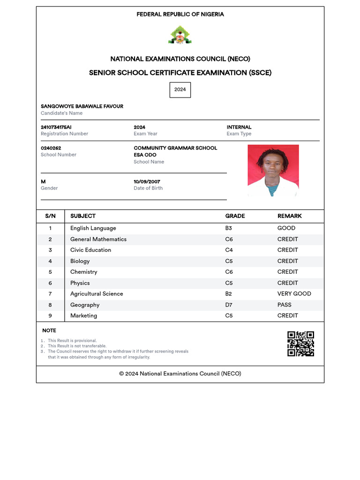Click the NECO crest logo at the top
(x=180, y=35)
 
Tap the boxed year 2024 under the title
(x=180, y=90)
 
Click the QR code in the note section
(x=300, y=344)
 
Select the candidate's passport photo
(x=273, y=170)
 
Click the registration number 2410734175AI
(x=56, y=127)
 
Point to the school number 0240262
(x=51, y=148)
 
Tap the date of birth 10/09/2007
(x=147, y=182)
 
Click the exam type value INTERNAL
(x=239, y=127)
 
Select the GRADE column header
(x=235, y=216)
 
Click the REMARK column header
(x=289, y=216)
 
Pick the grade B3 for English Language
(x=229, y=228)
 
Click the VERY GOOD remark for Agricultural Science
(x=294, y=294)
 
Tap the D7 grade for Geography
(x=229, y=305)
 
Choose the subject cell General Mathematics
(x=98, y=239)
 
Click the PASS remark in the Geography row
(x=284, y=305)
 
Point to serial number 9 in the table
(x=50, y=315)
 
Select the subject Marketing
(x=84, y=315)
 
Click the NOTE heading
(x=49, y=330)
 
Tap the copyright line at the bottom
(x=180, y=374)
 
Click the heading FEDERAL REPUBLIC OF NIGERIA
(x=180, y=15)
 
